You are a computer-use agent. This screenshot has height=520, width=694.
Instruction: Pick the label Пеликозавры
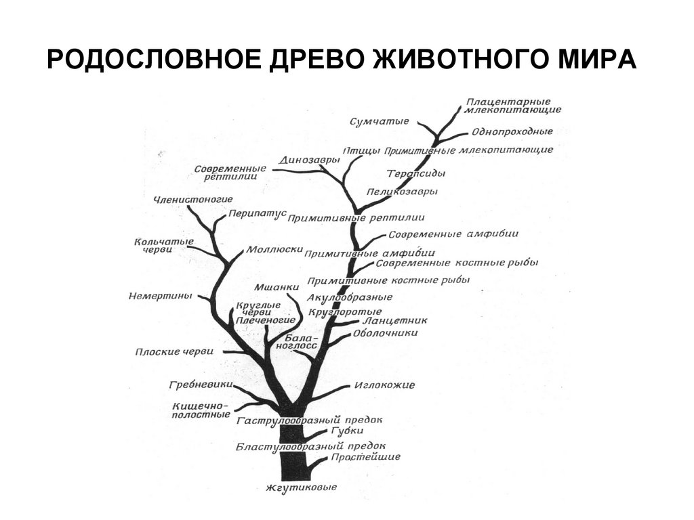402,192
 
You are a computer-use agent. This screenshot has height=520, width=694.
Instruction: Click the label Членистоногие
193,200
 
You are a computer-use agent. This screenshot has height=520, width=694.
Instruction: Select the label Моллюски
274,248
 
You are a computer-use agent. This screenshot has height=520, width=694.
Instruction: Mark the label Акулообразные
350,297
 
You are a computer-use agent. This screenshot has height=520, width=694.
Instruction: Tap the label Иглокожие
384,385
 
